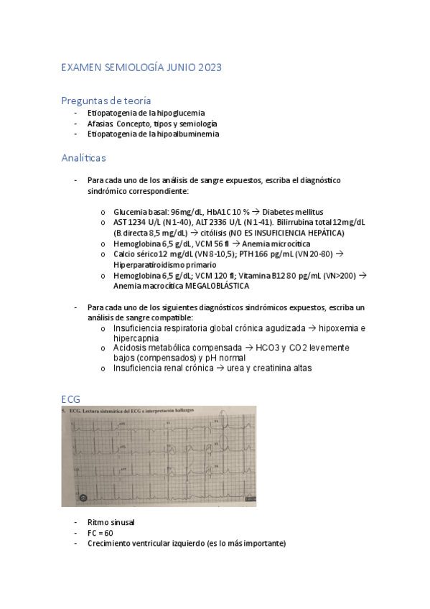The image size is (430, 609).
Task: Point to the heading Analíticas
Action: click(84, 156)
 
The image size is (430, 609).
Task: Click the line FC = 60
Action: click(100, 533)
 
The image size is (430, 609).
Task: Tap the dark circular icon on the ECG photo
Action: click(83, 496)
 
